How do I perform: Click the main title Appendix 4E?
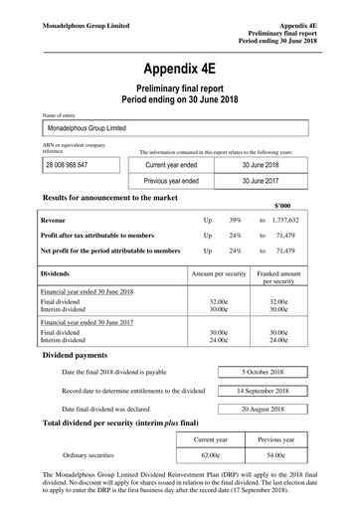coord(179,70)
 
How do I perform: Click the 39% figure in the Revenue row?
coord(236,217)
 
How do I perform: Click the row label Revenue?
coord(55,217)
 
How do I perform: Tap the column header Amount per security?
coord(218,270)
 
